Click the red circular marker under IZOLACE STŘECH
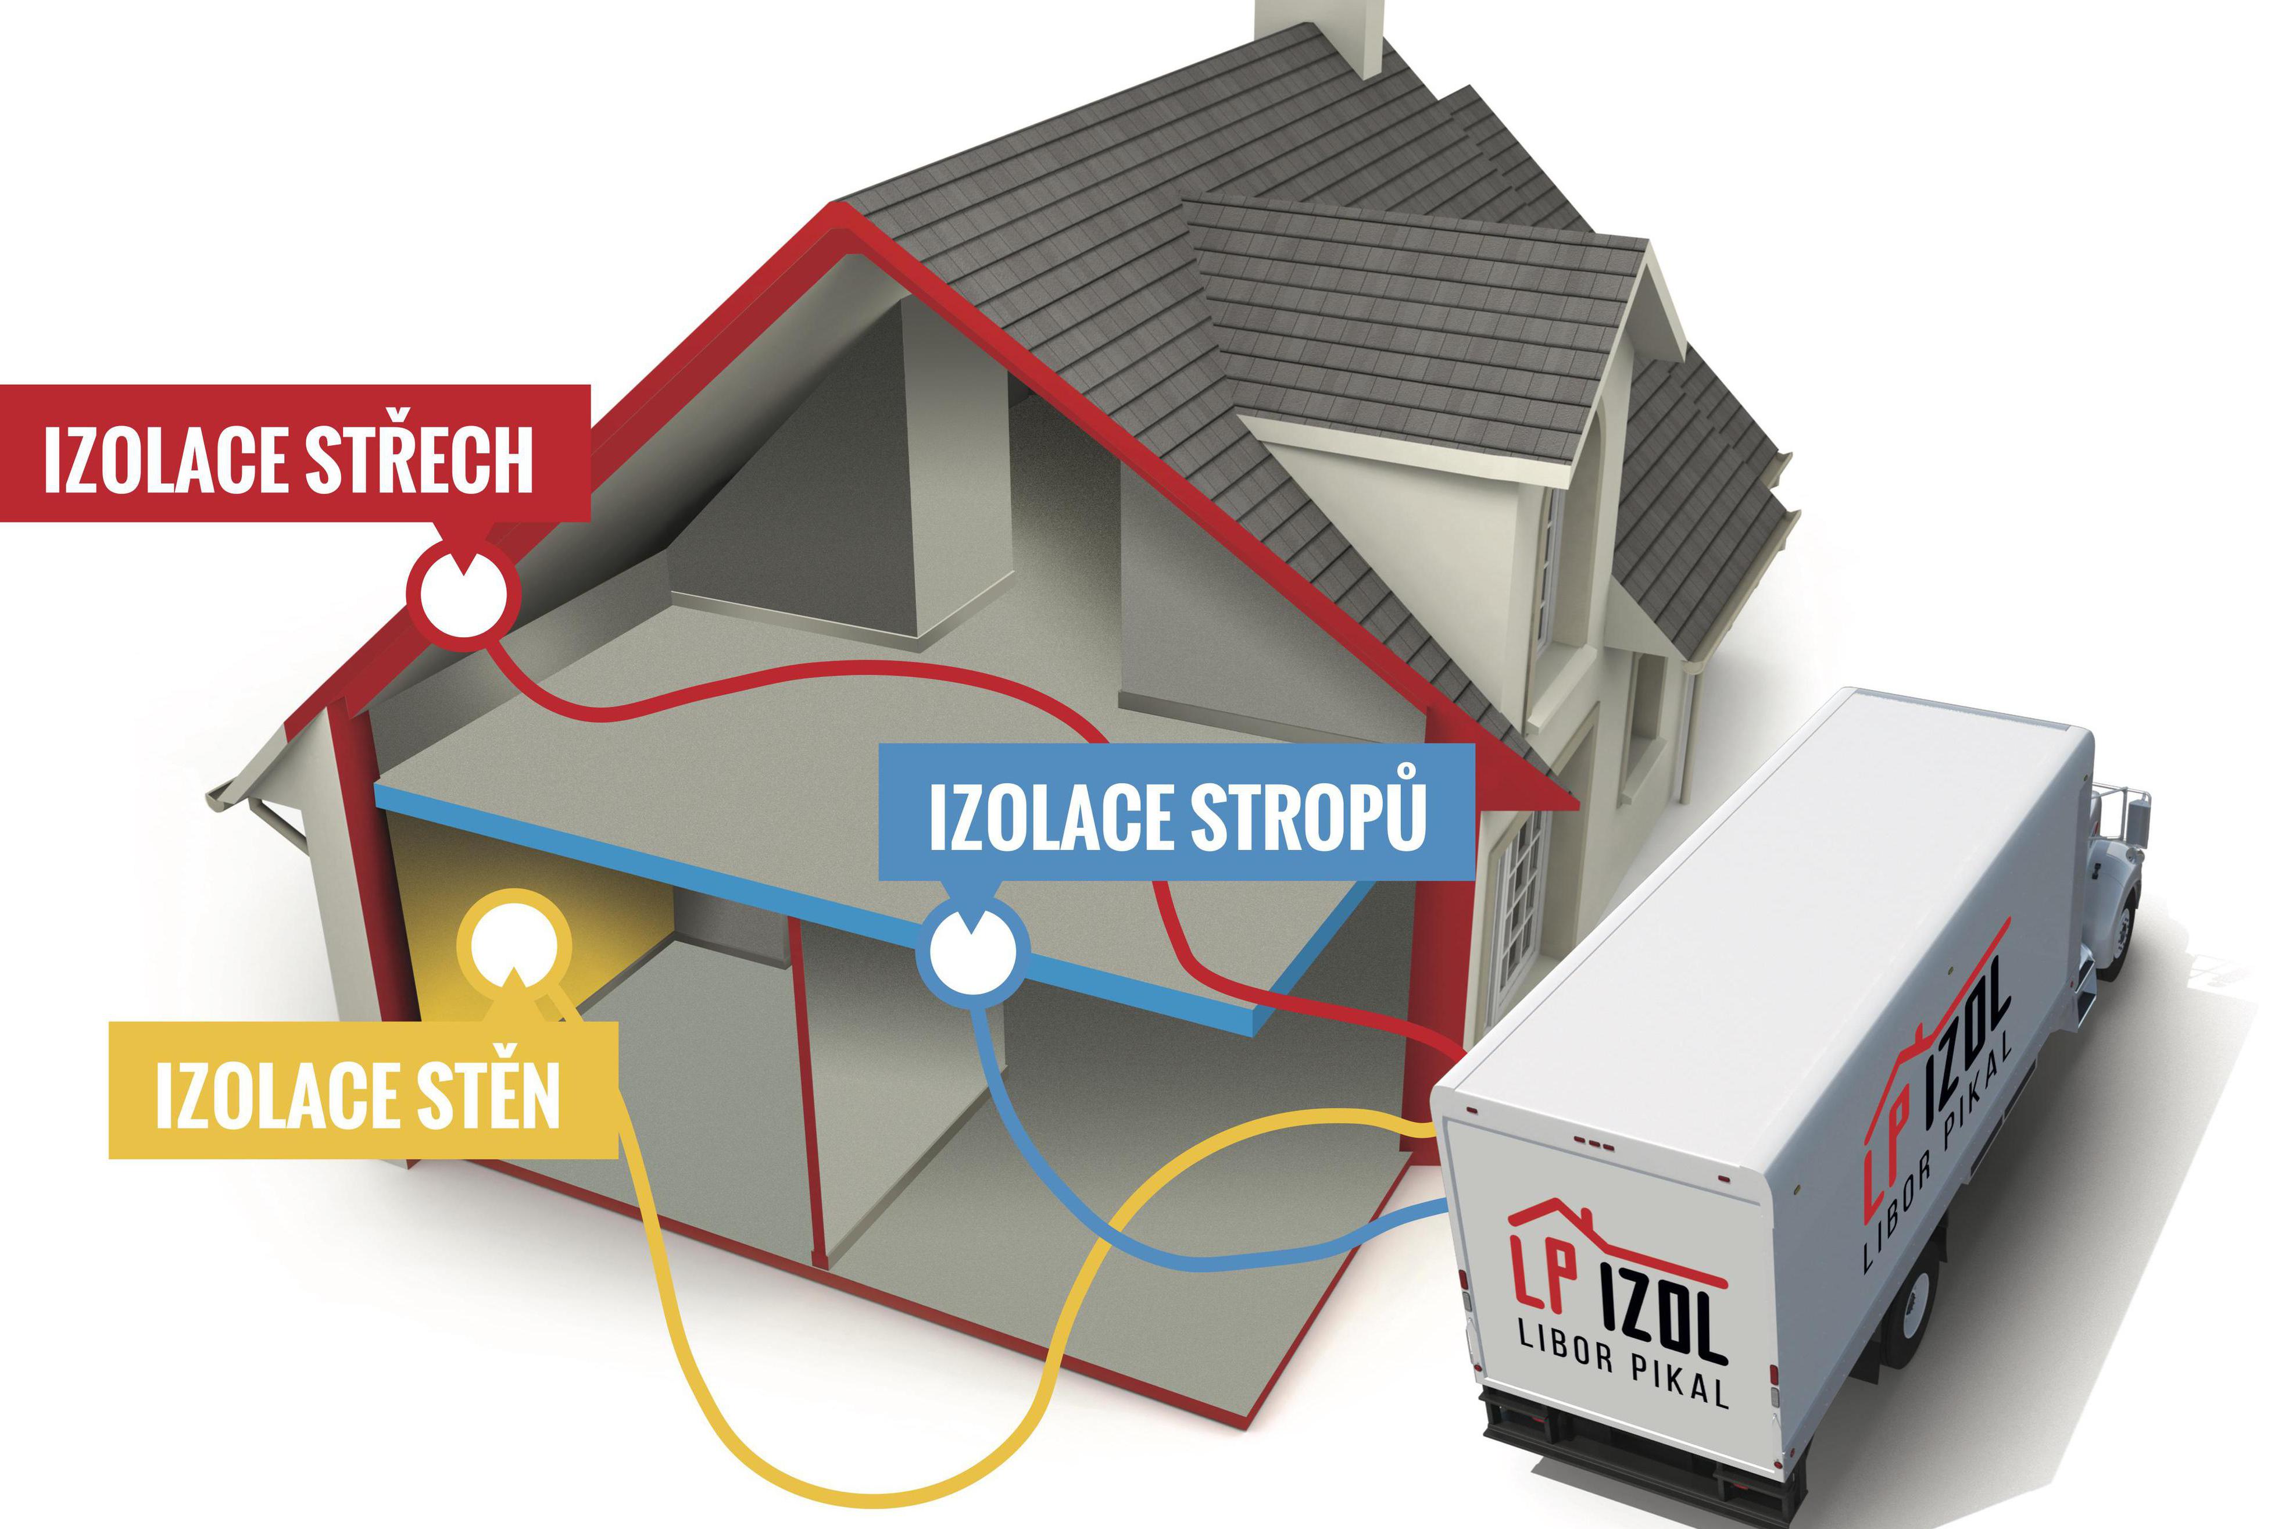(x=463, y=591)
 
